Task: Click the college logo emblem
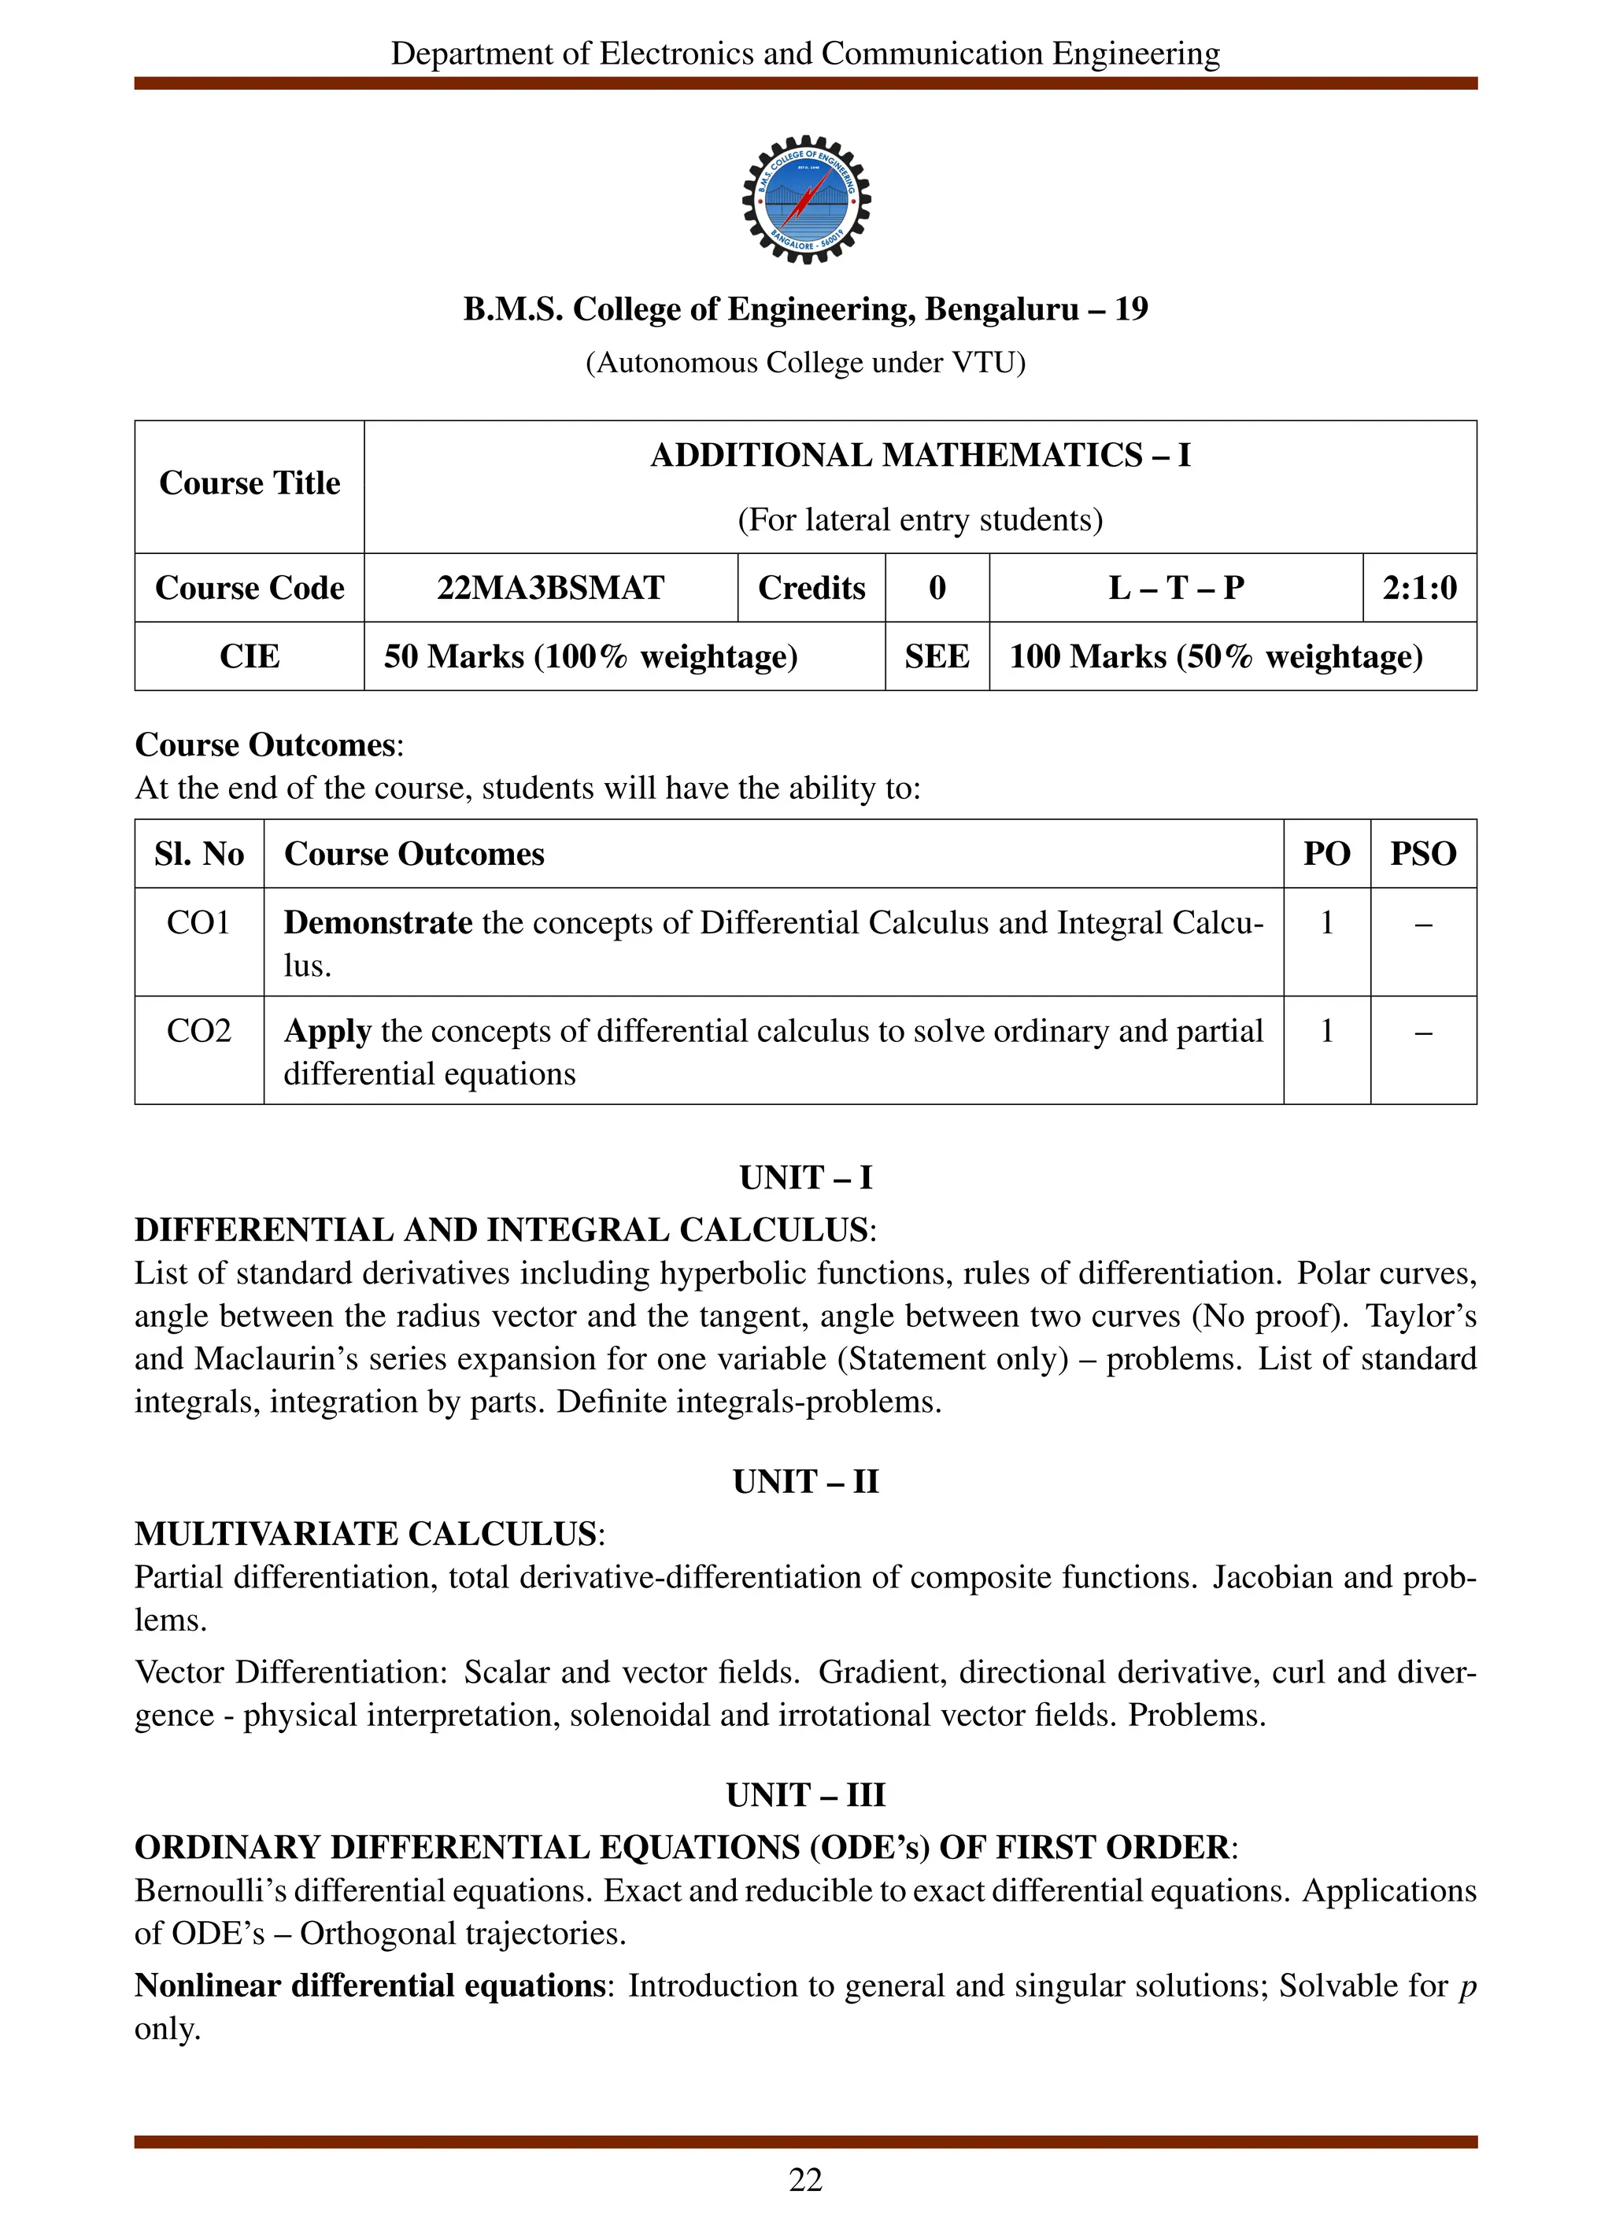[805, 199]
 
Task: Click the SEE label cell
[936, 656]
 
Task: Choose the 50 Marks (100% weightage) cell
[590, 656]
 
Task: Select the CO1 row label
[198, 922]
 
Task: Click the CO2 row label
[198, 1031]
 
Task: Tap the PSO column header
[1422, 854]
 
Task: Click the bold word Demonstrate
[378, 922]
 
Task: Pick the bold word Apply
[327, 1031]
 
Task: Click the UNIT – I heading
[805, 1178]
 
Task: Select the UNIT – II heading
[805, 1482]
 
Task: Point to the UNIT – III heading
[805, 1795]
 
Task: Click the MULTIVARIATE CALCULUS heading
[365, 1534]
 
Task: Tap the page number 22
[805, 2180]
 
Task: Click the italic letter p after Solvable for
[1467, 1986]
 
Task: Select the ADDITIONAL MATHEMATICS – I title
[920, 455]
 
